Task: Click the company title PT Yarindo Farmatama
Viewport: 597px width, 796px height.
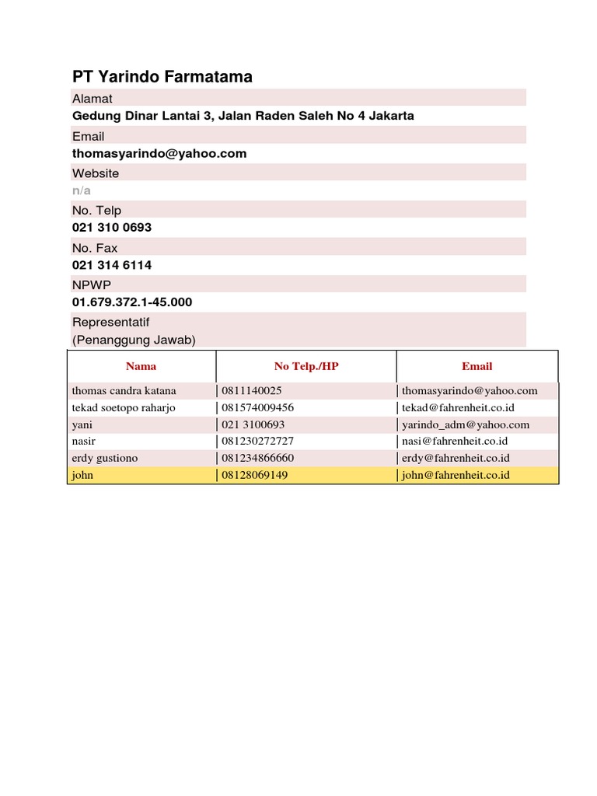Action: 162,76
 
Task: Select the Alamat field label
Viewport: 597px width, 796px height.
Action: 93,99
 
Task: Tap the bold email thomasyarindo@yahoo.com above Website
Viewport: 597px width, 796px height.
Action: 159,153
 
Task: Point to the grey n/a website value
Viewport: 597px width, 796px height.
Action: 82,190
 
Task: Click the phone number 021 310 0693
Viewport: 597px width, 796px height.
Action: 112,228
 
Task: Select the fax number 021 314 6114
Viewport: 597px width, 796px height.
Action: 112,265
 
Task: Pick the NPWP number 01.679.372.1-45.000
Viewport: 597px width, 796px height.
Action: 132,302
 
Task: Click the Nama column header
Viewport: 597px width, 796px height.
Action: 141,366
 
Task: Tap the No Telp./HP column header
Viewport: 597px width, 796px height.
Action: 306,366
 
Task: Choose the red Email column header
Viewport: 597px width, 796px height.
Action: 477,366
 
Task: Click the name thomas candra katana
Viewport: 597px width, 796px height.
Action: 124,391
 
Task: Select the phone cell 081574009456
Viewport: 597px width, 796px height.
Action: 258,407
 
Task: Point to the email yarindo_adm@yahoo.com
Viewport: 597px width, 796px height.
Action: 466,424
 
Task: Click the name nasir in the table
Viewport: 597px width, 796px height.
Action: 83,441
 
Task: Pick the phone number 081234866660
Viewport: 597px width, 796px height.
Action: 258,458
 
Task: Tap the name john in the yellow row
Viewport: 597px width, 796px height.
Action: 82,474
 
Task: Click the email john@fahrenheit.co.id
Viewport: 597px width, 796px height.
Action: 456,474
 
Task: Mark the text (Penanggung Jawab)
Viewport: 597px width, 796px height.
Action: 134,340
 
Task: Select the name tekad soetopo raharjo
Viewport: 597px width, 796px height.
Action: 124,407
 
